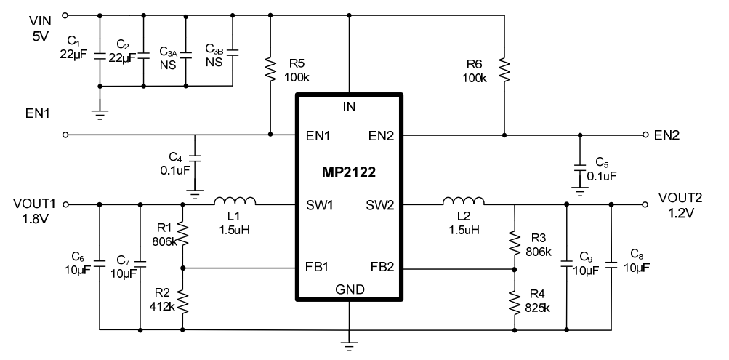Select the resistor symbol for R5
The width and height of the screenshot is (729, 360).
pos(270,69)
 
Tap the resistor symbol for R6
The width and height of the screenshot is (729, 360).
pos(504,70)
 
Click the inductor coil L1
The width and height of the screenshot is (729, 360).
pos(234,201)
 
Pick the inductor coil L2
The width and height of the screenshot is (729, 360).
pos(464,201)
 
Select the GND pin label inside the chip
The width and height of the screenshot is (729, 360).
pos(350,289)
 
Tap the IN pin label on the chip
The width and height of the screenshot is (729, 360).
pos(350,108)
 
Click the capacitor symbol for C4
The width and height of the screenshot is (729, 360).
pos(193,159)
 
